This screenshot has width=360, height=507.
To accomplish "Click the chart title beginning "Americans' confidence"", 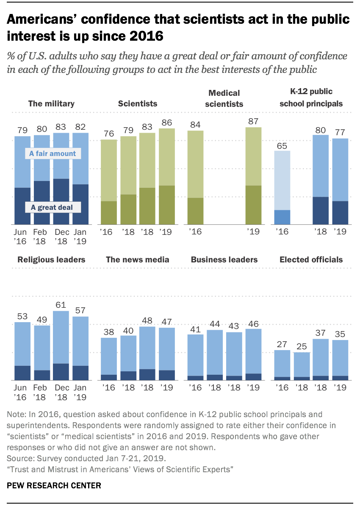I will (178, 28).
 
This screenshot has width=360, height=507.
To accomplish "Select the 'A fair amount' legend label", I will (53, 153).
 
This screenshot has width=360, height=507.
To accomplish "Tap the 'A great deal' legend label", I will (52, 207).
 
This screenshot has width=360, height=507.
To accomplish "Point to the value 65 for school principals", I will (282, 145).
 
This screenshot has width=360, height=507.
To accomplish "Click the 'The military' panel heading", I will (51, 103).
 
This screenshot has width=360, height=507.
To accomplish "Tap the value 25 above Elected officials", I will (302, 346).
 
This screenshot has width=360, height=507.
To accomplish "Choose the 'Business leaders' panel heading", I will (224, 259).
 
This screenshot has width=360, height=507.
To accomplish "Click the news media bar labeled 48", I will (147, 353).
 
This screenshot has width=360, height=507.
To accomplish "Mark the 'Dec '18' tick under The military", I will (61, 237).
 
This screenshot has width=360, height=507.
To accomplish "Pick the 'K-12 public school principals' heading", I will (311, 97).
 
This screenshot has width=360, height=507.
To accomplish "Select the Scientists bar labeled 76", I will (108, 182).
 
